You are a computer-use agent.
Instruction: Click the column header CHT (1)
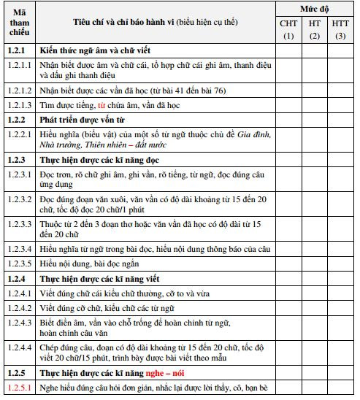tap(288, 30)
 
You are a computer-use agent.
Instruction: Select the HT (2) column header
tap(315, 30)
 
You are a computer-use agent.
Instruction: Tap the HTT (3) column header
tap(340, 30)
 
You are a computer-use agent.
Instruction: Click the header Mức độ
tap(314, 9)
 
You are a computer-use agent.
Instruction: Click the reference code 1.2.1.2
tap(19, 90)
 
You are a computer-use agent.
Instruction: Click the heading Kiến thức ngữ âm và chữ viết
tap(95, 51)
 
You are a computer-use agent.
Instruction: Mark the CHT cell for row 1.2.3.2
tap(288, 203)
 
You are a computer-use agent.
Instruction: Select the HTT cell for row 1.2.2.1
tap(340, 138)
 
